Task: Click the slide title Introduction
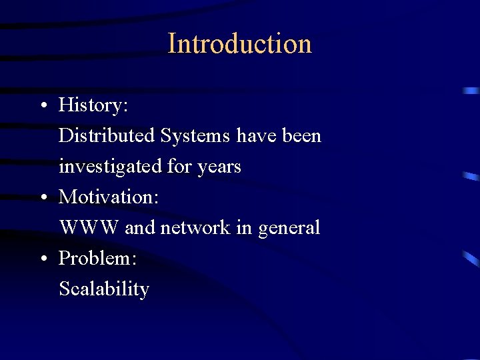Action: [240, 44]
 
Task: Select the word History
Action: [93, 105]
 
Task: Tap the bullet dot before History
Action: [42, 105]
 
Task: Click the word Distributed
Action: [107, 135]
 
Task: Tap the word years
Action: [219, 167]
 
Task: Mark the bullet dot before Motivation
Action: [42, 197]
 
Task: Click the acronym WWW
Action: [89, 227]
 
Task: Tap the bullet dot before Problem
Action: [42, 259]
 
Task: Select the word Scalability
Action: [104, 289]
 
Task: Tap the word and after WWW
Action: [139, 227]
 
